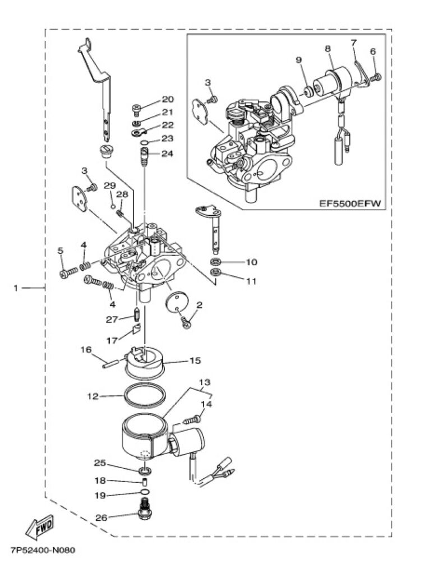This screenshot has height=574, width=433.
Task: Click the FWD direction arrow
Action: tap(39, 526)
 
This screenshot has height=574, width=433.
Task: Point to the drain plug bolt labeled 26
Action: tap(145, 509)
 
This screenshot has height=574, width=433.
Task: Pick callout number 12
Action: tap(93, 396)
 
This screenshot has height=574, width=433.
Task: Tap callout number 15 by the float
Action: tap(196, 360)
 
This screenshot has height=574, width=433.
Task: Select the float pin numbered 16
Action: tap(110, 363)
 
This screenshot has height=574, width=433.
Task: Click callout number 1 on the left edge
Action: tap(15, 288)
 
